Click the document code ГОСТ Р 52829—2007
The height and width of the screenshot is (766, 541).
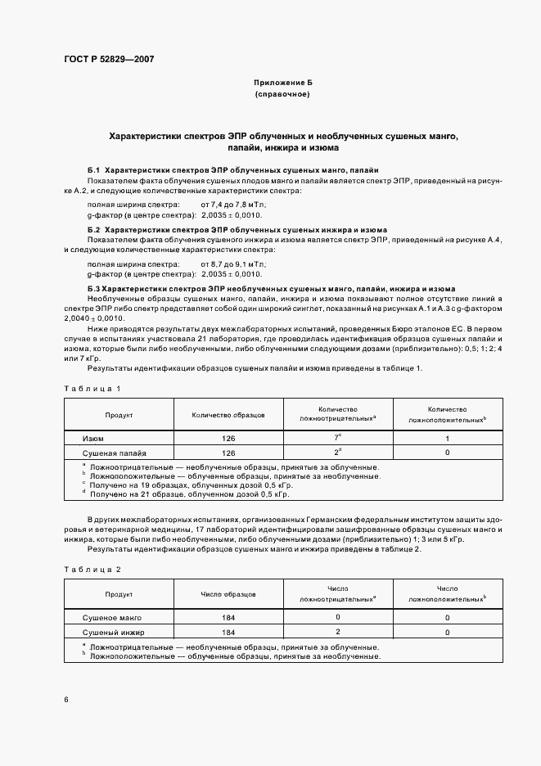pyautogui.click(x=108, y=60)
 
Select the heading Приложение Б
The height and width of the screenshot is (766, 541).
pyautogui.click(x=282, y=84)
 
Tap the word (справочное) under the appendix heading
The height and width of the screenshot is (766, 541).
pyautogui.click(x=282, y=96)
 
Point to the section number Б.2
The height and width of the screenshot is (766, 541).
pyautogui.click(x=93, y=231)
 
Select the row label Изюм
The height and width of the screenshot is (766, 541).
pyautogui.click(x=92, y=439)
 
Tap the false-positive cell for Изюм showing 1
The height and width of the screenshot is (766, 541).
pyautogui.click(x=447, y=439)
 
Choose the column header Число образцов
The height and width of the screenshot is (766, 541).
pyautogui.click(x=228, y=595)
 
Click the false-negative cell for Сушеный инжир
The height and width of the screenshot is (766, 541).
pyautogui.click(x=337, y=632)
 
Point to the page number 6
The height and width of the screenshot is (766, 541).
pyautogui.click(x=66, y=700)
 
